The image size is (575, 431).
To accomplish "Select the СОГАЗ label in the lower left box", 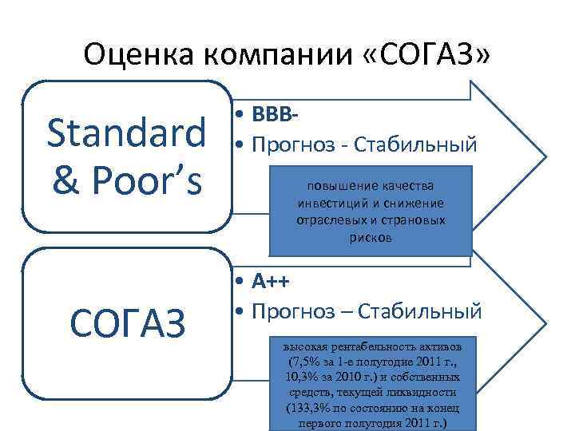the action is click(x=128, y=322).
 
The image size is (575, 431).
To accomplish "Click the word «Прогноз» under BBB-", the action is click(x=288, y=144).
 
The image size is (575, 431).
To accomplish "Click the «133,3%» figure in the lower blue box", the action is click(x=311, y=408).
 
